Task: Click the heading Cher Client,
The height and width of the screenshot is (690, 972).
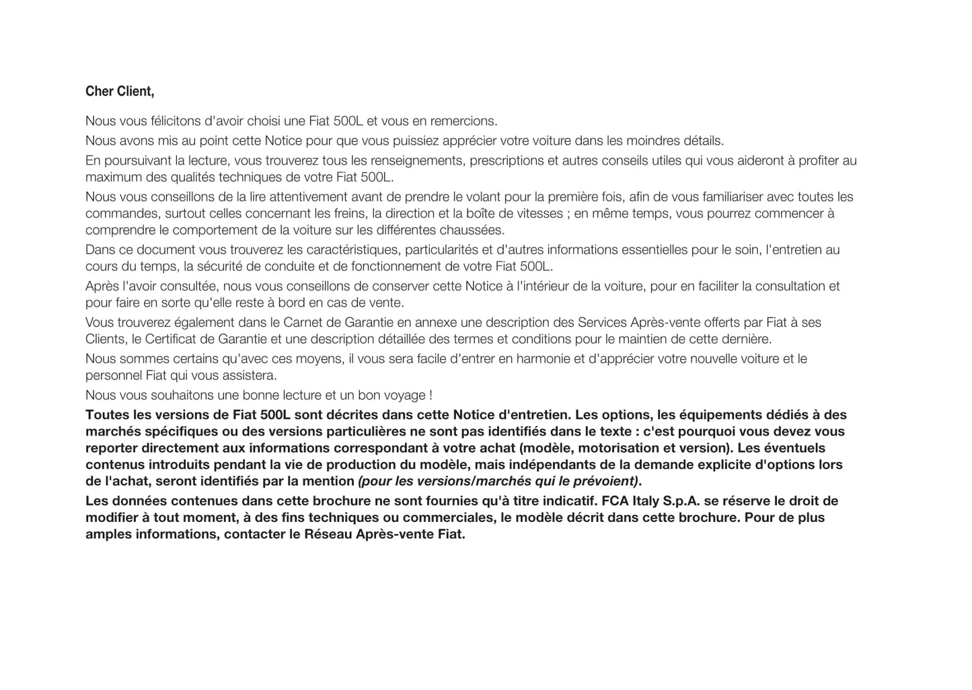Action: pyautogui.click(x=120, y=91)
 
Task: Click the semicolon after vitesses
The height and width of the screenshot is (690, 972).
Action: pyautogui.click(x=568, y=214)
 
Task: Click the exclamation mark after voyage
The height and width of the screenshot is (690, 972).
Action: pyautogui.click(x=430, y=395)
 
